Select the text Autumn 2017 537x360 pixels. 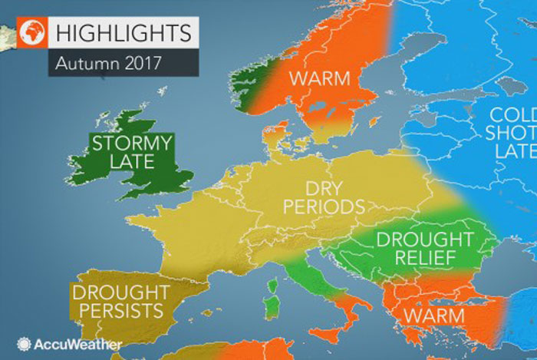[x=107, y=64]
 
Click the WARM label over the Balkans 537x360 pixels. [x=435, y=316]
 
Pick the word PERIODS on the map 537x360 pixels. [x=322, y=207]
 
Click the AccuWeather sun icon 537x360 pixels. [x=25, y=345]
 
